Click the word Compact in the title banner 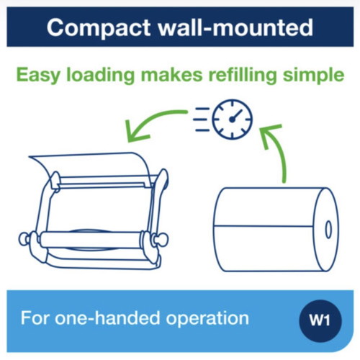tap(99, 28)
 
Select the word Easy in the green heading tap(38, 76)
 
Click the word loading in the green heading tap(100, 76)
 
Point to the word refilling tap(243, 76)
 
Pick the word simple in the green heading tap(313, 76)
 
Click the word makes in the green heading tap(171, 76)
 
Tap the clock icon tap(232, 120)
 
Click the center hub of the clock tap(232, 120)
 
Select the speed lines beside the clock tap(202, 120)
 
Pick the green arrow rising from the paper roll tap(276, 149)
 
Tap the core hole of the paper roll tap(328, 230)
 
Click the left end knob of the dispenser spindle tap(24, 239)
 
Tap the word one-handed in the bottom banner tap(107, 318)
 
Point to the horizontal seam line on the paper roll tap(264, 226)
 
